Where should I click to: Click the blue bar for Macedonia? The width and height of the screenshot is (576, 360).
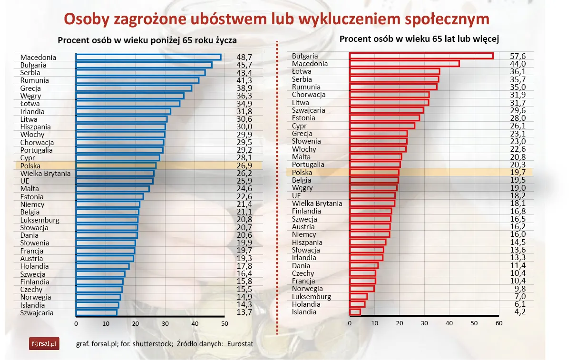[148, 57]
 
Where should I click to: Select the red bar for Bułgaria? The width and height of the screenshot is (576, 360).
[421, 56]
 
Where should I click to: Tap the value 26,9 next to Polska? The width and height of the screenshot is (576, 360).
[244, 165]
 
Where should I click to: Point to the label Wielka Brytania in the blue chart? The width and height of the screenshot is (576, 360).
[45, 173]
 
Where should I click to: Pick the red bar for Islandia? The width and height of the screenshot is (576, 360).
[355, 312]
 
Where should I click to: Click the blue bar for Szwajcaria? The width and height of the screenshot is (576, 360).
[96, 312]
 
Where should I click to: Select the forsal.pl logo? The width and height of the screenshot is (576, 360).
[44, 343]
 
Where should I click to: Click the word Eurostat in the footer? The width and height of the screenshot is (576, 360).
[240, 343]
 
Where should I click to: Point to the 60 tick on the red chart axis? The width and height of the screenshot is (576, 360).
[498, 323]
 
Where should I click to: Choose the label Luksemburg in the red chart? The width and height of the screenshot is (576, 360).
[311, 296]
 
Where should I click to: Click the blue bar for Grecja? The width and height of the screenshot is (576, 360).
[134, 88]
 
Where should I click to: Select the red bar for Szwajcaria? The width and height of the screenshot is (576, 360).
[386, 110]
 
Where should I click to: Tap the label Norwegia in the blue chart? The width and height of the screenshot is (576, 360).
[35, 297]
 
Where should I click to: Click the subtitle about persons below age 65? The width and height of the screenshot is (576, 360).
[147, 40]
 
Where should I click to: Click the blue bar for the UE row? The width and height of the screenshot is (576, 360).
[114, 181]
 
